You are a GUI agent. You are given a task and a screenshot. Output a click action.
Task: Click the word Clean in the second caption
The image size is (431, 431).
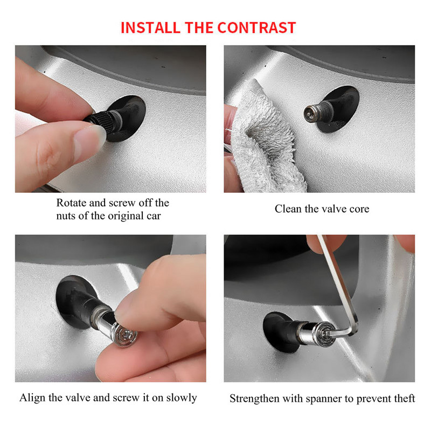point(288,209)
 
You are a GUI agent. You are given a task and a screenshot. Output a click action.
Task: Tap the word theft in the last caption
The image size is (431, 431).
point(404,399)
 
